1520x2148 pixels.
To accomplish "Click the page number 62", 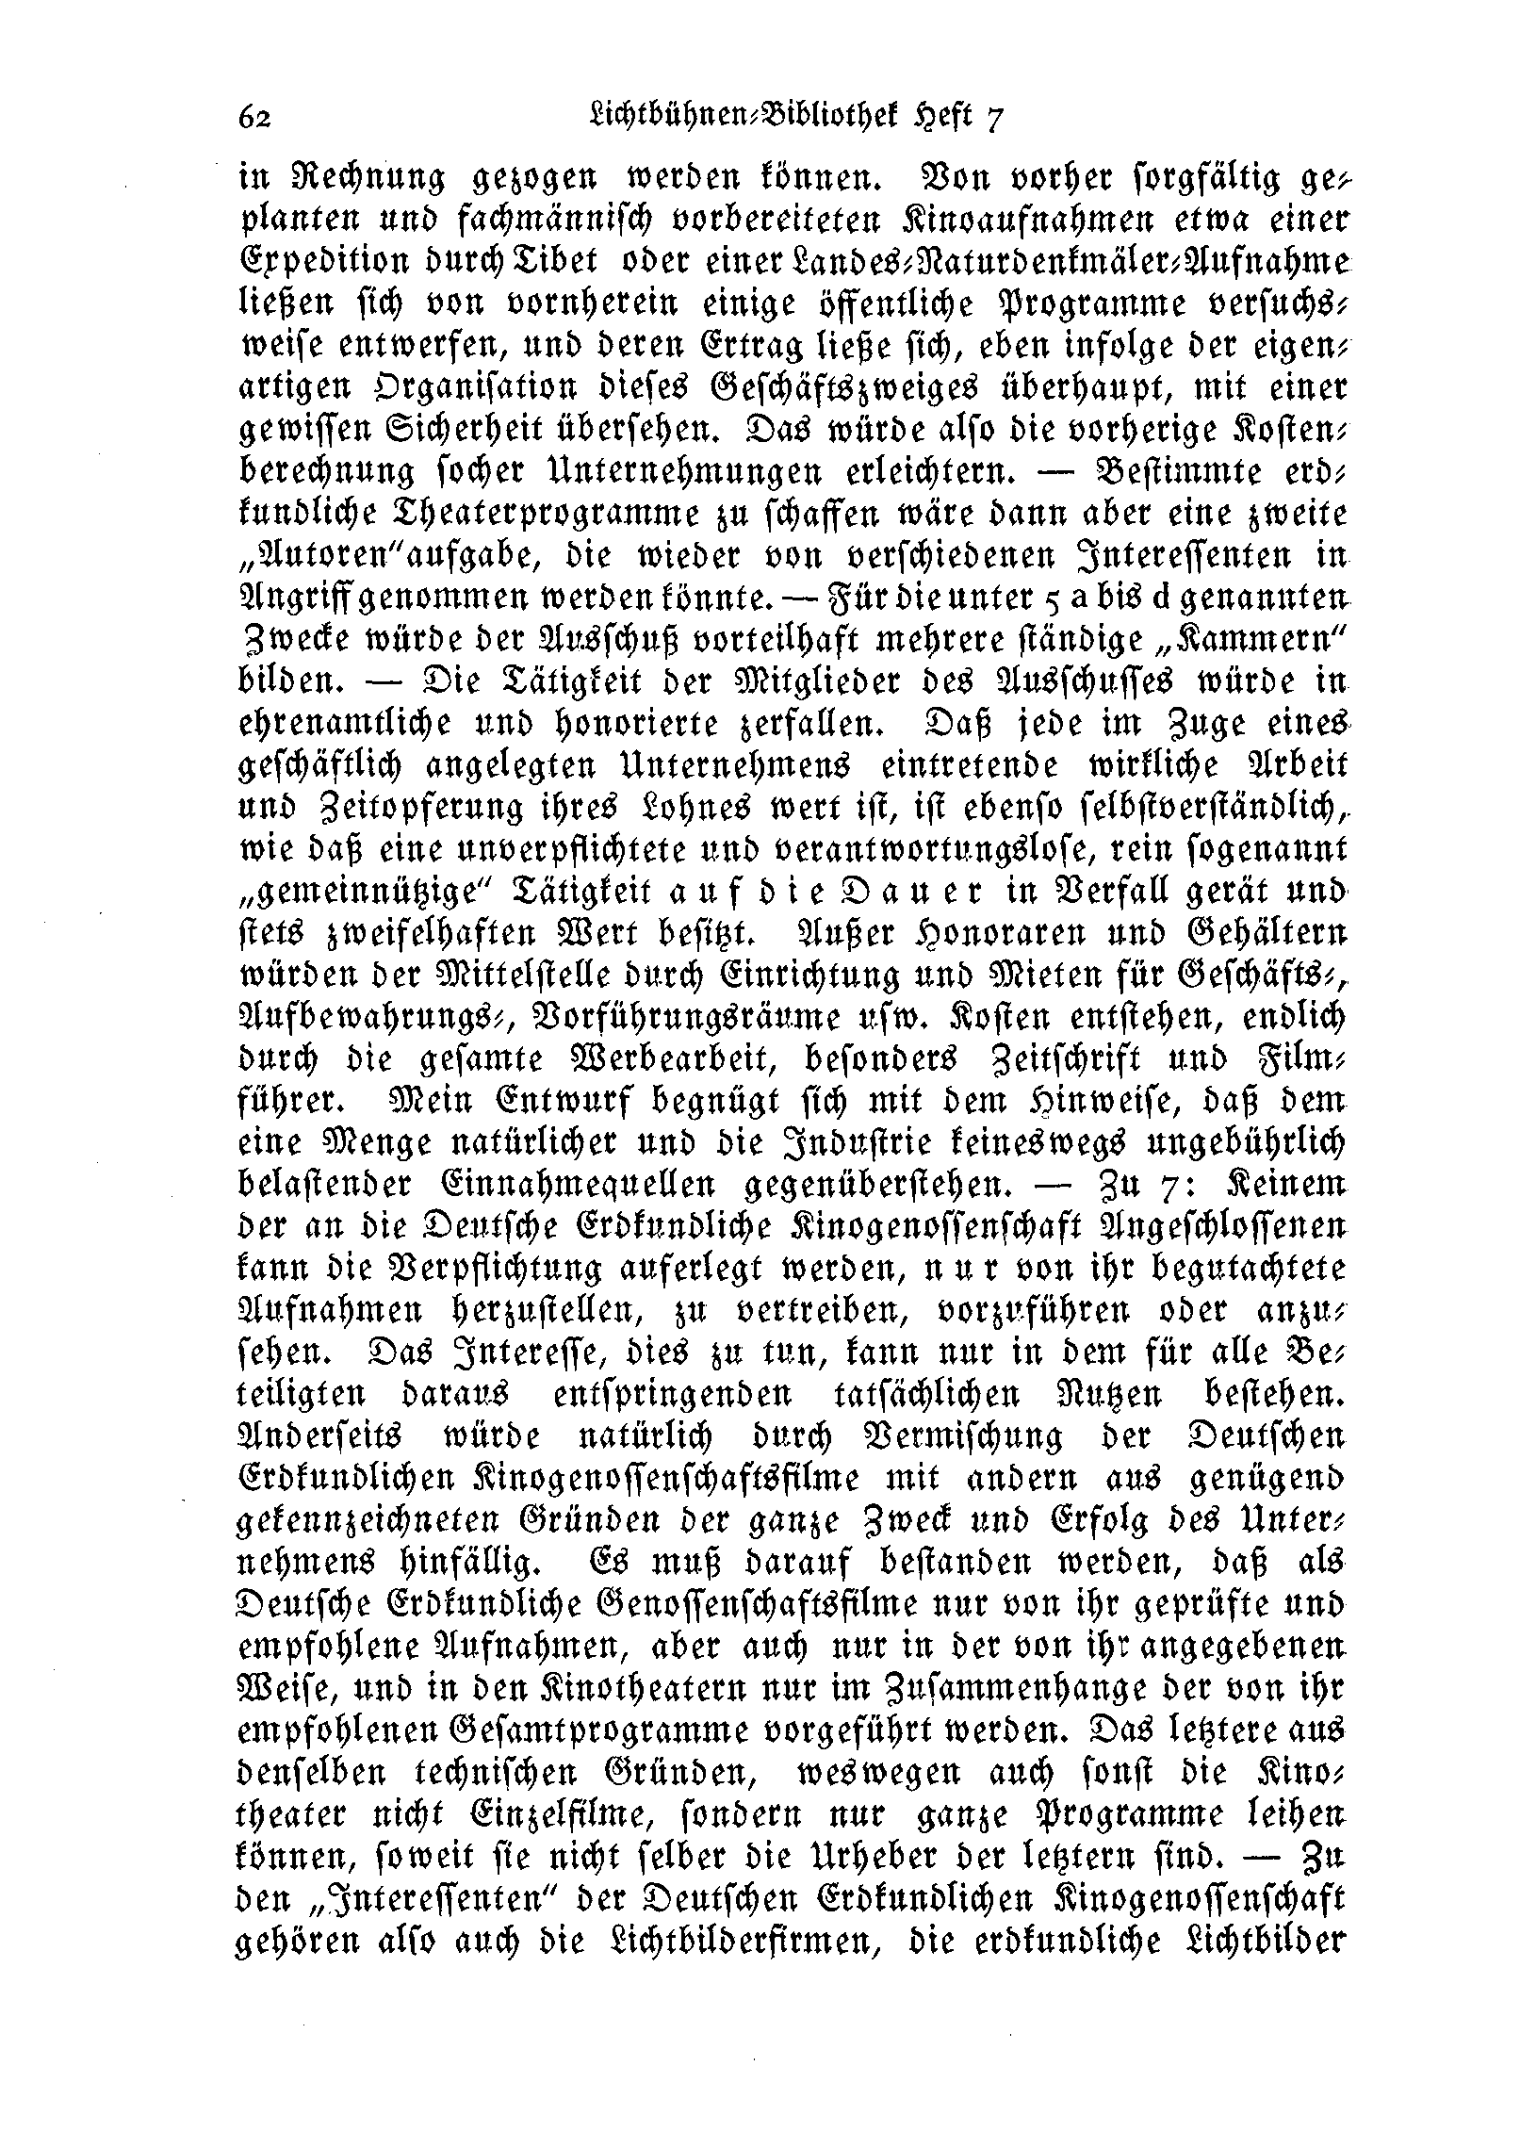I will click(x=254, y=117).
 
